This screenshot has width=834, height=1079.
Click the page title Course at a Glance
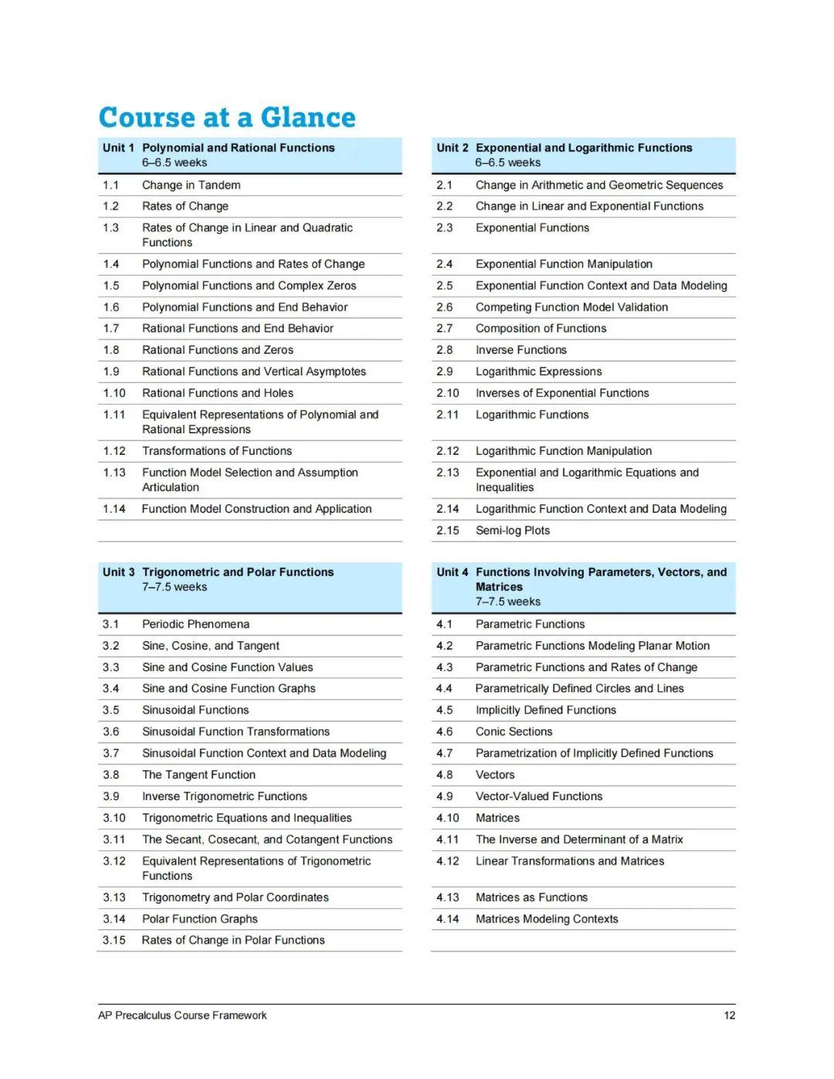(x=227, y=117)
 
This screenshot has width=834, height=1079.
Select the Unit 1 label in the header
(x=118, y=148)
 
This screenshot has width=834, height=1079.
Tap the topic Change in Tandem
(x=191, y=185)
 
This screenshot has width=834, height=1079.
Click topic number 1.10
(x=114, y=393)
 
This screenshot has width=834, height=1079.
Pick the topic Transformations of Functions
(x=217, y=451)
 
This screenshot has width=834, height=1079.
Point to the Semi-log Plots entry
(x=513, y=531)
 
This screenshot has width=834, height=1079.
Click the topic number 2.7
(x=445, y=328)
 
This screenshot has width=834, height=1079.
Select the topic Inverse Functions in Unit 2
(x=520, y=350)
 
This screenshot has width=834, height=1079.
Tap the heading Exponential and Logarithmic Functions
(x=584, y=148)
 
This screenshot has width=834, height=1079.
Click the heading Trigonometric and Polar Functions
(x=238, y=572)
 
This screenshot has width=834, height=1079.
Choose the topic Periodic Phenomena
(x=195, y=624)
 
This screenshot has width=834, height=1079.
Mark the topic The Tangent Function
(x=198, y=775)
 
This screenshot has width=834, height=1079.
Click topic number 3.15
(x=114, y=940)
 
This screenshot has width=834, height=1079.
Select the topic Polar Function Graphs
(x=199, y=918)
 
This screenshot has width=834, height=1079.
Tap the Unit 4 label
(x=452, y=572)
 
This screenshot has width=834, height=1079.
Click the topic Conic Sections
(x=514, y=731)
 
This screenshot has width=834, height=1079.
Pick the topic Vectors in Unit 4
(x=495, y=775)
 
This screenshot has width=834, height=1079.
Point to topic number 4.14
(x=447, y=918)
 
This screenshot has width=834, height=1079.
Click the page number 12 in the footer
(x=729, y=1015)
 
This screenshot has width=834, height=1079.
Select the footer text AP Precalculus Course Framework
(x=182, y=1015)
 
